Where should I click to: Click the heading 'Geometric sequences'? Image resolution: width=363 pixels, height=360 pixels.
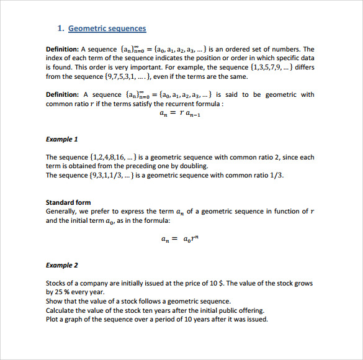point(107,28)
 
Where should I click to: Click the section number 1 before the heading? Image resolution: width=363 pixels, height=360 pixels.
point(60,28)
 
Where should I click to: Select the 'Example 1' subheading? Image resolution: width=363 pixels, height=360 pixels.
point(62,139)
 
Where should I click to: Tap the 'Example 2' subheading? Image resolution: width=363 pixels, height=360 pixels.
point(62,265)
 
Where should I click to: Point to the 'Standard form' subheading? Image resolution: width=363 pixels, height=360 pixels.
point(68,202)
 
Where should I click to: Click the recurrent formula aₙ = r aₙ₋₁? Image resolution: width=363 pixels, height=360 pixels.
point(180,114)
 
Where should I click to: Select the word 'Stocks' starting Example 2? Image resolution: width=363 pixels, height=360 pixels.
point(56,283)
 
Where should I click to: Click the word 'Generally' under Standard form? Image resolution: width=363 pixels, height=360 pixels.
point(61,211)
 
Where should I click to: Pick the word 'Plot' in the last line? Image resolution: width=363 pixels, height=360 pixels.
point(52,319)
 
